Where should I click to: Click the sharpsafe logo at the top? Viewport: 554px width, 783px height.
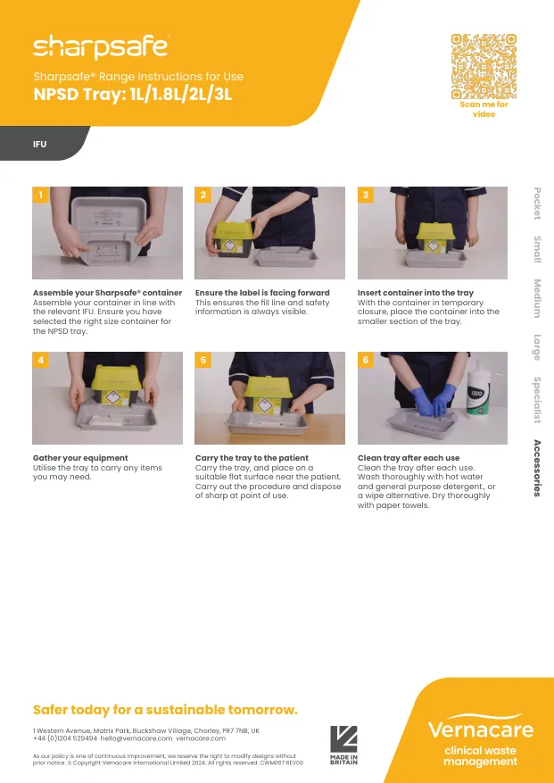coord(100,46)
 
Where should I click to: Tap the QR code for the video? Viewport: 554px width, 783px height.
coord(484,66)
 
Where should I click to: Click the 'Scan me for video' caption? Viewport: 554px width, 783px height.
coord(484,109)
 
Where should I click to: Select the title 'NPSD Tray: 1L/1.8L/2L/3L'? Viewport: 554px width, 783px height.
coord(133,95)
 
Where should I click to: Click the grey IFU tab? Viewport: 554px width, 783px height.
coord(40,144)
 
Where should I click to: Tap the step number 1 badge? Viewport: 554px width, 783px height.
coord(40,195)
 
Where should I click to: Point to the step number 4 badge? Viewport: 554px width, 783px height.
coord(40,360)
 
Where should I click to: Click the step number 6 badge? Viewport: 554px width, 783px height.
coord(365,360)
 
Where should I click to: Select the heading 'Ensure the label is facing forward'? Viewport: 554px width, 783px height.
coord(262,293)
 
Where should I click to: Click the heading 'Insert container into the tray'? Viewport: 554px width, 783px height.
coord(415,293)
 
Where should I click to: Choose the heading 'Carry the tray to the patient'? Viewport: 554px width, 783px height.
coord(252,458)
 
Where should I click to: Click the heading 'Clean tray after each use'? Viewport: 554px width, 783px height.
coord(409,458)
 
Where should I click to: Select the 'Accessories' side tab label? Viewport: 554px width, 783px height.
coord(537,468)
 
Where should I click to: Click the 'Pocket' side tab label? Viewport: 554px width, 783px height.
coord(537,203)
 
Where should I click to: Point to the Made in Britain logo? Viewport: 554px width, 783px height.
coord(343,745)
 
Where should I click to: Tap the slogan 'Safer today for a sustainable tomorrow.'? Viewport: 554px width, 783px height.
coord(165,710)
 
